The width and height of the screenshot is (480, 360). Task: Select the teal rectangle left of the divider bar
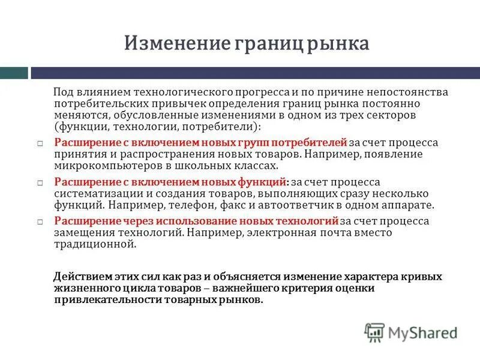pos(14,73)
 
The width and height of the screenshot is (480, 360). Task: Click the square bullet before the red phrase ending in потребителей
pos(38,144)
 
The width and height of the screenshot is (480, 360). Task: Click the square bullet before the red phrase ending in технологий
pos(38,222)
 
